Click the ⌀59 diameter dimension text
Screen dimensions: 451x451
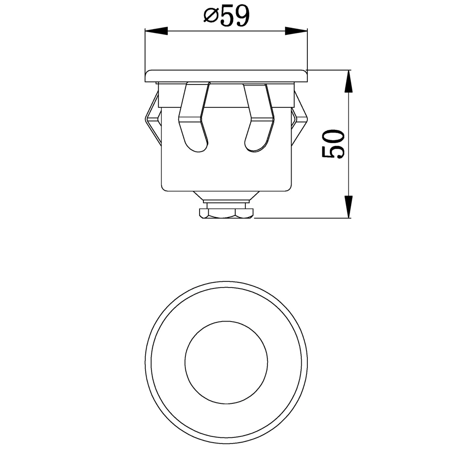pos(226,17)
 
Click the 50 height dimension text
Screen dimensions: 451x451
pos(333,144)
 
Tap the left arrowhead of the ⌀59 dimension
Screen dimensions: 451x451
pos(156,31)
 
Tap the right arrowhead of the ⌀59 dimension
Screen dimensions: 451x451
pos(296,31)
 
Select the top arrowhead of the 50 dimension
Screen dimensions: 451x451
pos(348,81)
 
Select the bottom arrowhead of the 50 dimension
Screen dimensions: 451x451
pos(348,207)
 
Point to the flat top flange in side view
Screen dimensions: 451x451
pos(226,76)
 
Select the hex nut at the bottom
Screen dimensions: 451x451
pos(226,213)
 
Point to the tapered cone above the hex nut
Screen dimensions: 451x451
pos(226,196)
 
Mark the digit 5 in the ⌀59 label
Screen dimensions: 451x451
pos(228,17)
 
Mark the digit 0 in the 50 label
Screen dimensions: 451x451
pos(333,136)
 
